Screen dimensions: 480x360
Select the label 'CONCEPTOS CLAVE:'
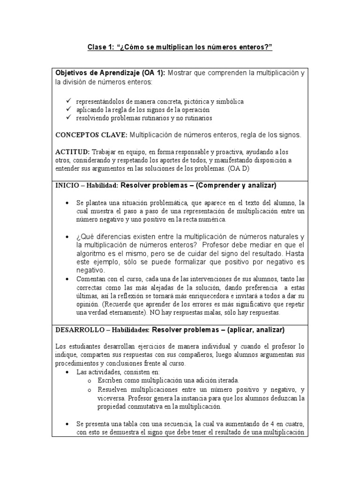pyautogui.click(x=91, y=135)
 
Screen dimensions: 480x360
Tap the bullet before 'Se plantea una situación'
pyautogui.click(x=68, y=202)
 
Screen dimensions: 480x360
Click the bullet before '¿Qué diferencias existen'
pyautogui.click(x=68, y=236)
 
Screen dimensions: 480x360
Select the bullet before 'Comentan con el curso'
pyautogui.click(x=68, y=279)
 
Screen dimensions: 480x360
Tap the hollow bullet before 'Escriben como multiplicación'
pyautogui.click(x=90, y=380)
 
